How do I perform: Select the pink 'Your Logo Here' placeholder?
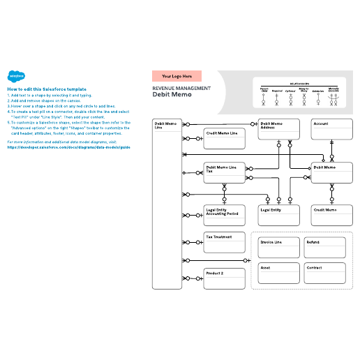177,76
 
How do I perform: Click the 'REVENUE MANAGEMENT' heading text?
181,89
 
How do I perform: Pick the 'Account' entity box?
332,129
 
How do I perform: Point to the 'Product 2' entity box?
224,278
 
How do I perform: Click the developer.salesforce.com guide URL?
68,147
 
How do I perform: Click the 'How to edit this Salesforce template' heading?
47,89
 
